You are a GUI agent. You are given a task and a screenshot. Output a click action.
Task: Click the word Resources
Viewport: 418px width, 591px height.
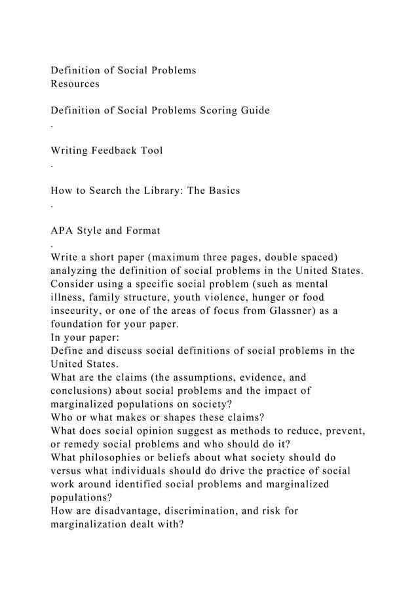(x=75, y=84)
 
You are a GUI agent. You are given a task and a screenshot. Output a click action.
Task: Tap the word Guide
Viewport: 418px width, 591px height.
(x=252, y=111)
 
